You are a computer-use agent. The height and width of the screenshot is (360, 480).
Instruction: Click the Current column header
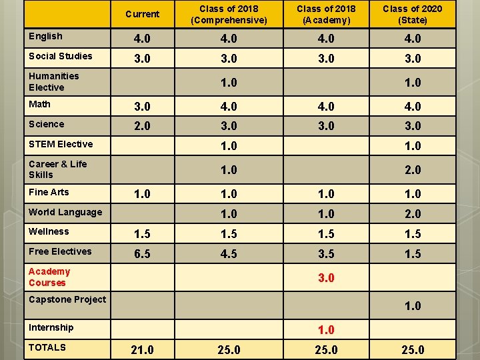143,14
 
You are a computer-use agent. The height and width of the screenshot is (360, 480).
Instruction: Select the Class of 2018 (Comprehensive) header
229,15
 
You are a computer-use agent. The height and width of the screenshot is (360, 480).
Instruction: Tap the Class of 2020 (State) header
413,15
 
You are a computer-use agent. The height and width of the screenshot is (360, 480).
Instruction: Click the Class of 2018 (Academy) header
326,15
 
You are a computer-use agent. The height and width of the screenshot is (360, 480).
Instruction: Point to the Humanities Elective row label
54,82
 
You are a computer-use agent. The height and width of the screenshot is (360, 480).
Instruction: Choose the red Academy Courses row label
49,277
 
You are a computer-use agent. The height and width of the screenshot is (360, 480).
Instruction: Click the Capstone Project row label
67,299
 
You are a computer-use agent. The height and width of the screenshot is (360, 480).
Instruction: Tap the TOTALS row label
47,347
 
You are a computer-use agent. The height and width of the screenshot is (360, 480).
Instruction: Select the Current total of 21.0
143,349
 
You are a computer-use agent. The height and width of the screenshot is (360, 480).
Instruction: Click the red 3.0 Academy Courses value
326,277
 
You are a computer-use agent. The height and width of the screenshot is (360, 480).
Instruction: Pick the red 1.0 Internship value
326,330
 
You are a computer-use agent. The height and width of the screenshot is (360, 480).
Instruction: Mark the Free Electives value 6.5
143,254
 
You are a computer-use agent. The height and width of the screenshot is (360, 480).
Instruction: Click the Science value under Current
143,126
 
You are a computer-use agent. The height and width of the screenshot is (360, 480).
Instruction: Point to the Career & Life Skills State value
413,170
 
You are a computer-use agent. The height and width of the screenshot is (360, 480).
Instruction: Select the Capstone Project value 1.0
413,305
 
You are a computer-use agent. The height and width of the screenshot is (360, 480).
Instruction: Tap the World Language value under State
413,214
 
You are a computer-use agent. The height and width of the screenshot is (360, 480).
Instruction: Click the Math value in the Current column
143,106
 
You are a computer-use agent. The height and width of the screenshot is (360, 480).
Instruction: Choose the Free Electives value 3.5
326,254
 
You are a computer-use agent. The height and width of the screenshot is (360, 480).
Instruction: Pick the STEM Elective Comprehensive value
229,146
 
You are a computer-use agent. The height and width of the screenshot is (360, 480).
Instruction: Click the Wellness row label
49,231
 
